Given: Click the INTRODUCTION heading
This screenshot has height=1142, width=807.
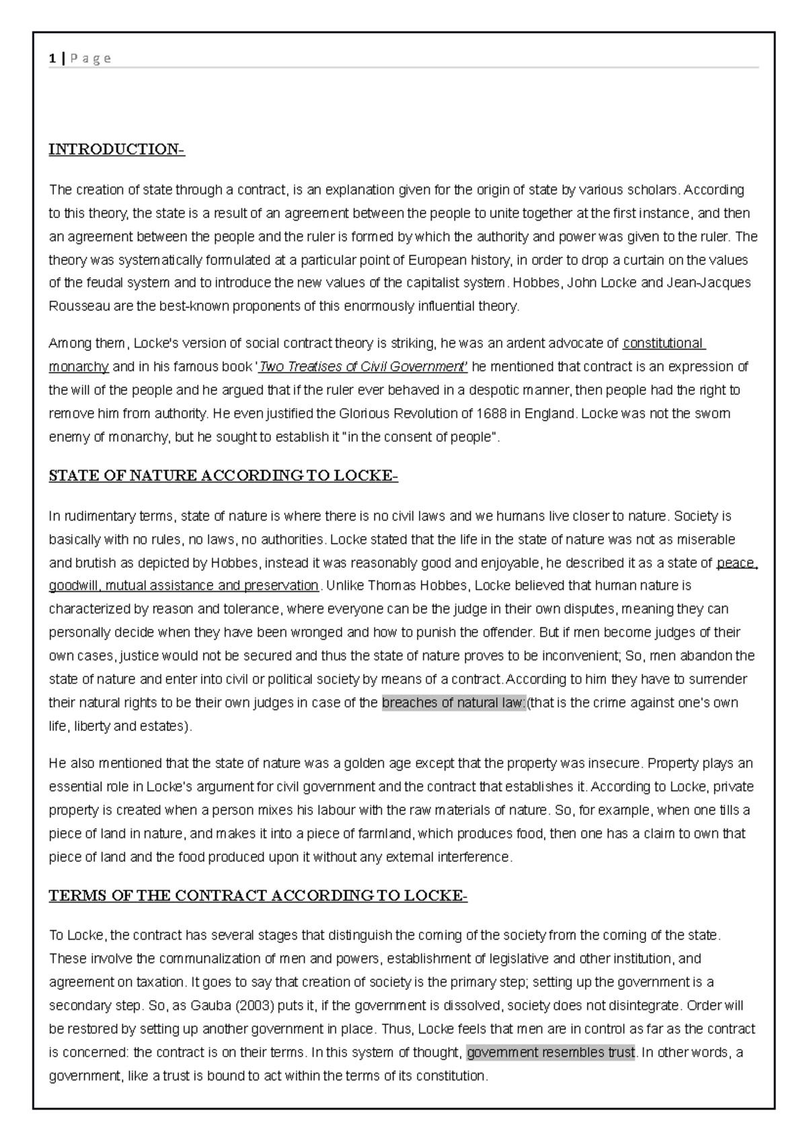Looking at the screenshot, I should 116,149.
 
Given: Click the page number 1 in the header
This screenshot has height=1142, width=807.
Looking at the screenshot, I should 52,59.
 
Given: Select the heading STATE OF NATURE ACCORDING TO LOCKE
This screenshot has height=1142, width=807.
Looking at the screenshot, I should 223,476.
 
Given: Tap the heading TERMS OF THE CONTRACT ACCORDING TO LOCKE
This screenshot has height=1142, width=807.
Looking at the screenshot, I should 258,896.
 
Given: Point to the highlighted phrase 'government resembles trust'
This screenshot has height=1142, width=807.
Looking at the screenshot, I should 551,1053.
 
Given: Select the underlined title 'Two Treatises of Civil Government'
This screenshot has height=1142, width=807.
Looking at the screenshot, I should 363,367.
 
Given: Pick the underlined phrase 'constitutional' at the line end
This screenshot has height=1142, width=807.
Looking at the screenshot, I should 662,344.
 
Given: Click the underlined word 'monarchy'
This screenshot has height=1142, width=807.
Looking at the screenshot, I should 79,367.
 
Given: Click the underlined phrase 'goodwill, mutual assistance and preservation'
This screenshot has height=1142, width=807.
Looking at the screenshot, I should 184,586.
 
